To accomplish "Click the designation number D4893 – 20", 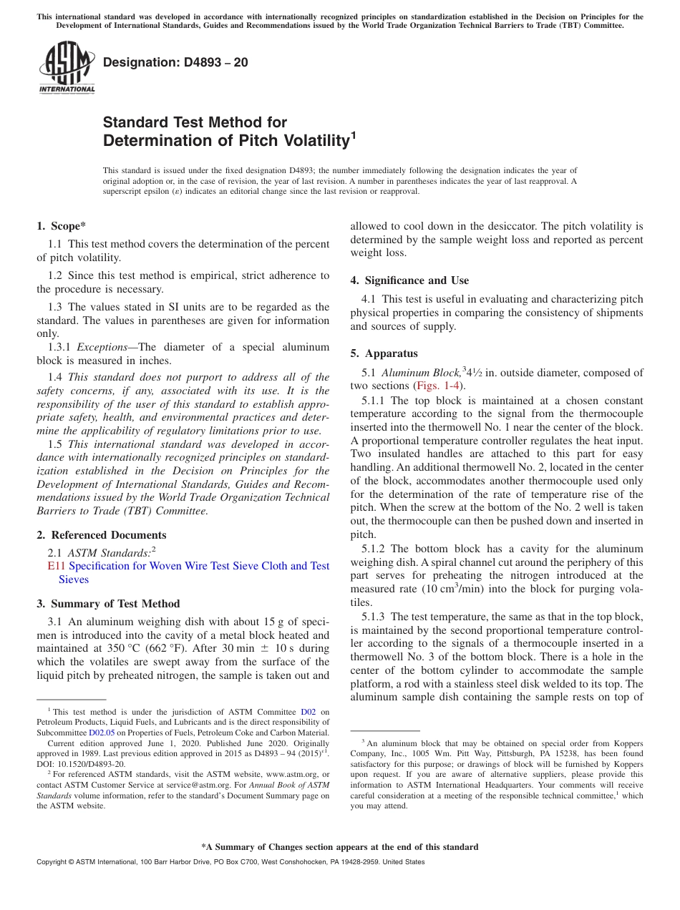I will tap(175, 62).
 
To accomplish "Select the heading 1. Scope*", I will tap(62, 226).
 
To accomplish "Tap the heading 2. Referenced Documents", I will tap(101, 535).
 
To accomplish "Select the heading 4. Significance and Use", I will tap(409, 280).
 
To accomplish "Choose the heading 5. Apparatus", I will tap(384, 353).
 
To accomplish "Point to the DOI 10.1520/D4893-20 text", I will tap(81, 764).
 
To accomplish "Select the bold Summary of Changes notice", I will tap(339, 847).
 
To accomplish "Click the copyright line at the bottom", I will tap(230, 862).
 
